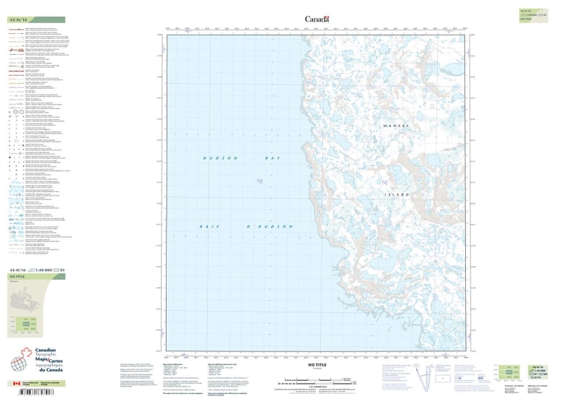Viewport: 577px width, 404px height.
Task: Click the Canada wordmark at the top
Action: [x=317, y=19]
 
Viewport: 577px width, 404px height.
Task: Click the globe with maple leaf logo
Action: [x=22, y=361]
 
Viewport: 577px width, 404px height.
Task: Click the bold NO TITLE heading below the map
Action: [x=317, y=366]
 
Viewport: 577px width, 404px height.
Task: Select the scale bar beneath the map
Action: [x=317, y=380]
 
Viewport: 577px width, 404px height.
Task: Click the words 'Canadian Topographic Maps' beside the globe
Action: [x=50, y=358]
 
